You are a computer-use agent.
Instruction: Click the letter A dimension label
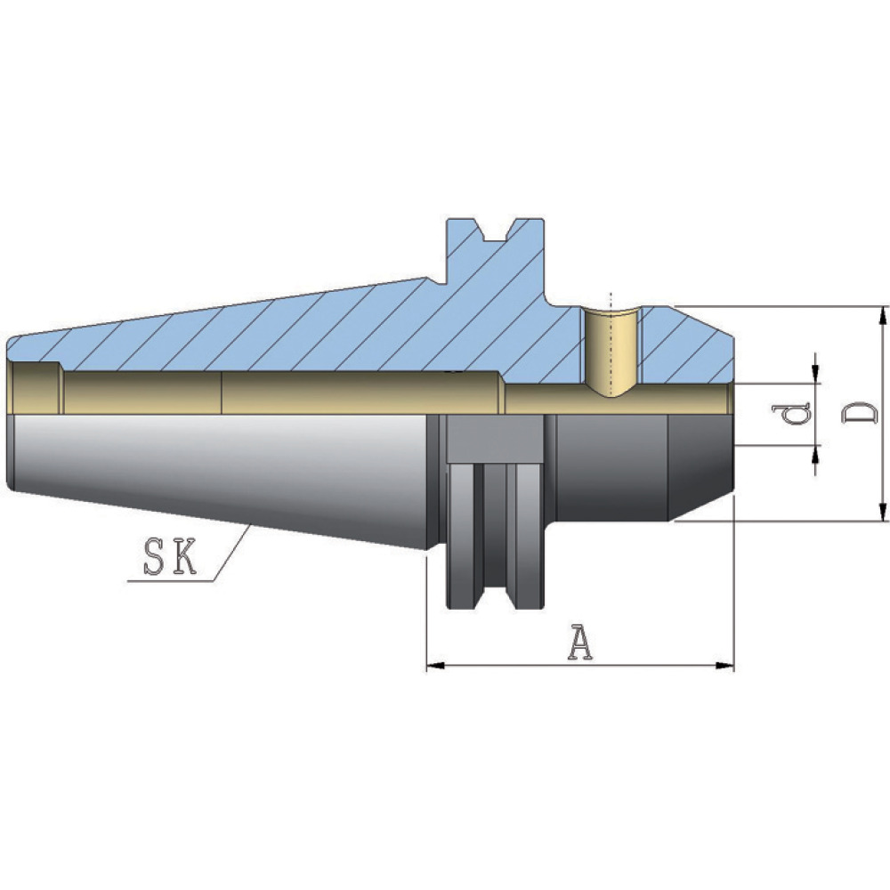[580, 643]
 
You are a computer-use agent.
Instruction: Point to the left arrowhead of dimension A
[435, 665]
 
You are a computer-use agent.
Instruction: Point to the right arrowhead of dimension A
[725, 665]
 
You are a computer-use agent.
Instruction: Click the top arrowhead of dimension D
[882, 316]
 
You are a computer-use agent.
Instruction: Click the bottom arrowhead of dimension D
[882, 512]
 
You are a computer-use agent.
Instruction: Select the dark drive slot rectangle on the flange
[493, 440]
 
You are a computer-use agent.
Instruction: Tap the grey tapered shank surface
[219, 475]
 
